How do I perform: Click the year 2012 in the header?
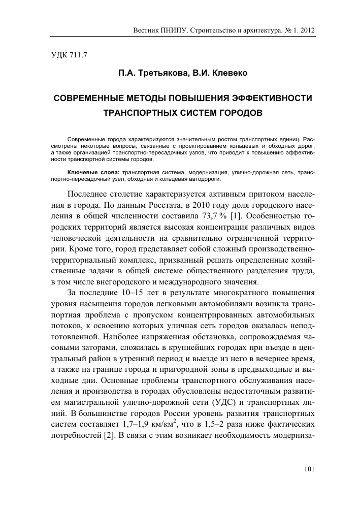tap(307, 30)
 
